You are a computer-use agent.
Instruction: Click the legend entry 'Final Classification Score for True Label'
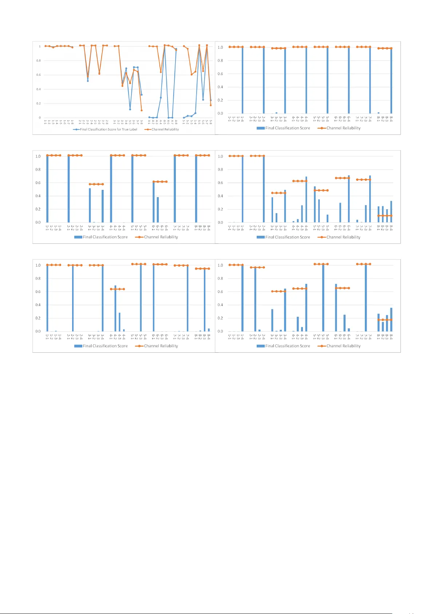click(108, 129)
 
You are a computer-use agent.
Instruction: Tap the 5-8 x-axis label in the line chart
click(211, 122)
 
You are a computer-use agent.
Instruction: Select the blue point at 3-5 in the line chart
click(130, 109)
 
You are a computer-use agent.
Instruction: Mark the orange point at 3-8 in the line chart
click(142, 110)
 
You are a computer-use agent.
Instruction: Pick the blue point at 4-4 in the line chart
click(161, 98)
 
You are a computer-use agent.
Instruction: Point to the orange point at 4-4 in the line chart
click(161, 72)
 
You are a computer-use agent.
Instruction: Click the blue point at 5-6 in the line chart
click(203, 100)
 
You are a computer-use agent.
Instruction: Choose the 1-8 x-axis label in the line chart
click(72, 122)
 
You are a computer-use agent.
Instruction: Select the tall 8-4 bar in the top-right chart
click(391, 81)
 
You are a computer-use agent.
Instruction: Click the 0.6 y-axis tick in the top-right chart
click(220, 74)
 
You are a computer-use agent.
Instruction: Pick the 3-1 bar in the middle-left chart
click(90, 205)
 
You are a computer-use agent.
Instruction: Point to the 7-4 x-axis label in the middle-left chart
click(188, 228)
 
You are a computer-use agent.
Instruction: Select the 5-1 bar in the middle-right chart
click(315, 204)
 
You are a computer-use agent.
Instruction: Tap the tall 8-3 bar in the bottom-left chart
click(205, 300)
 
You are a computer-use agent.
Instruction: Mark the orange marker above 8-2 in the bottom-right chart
click(383, 320)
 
